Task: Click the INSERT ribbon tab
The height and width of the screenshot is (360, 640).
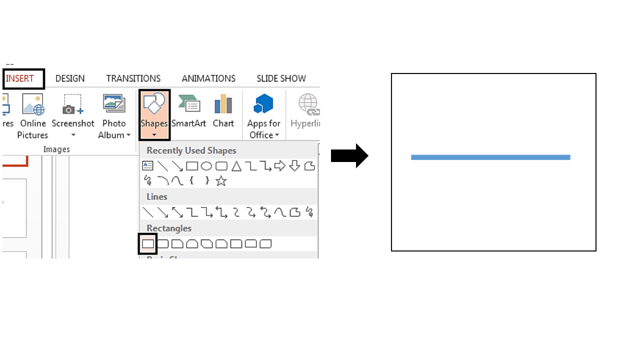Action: click(20, 78)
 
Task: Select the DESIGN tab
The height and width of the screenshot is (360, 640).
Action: click(70, 78)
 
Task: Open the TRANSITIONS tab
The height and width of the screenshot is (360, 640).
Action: click(133, 78)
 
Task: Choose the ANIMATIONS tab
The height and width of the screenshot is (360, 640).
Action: click(208, 78)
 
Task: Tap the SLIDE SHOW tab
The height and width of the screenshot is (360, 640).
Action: click(281, 78)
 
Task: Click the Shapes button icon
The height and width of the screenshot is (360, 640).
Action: click(154, 104)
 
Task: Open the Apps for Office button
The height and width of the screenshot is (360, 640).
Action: click(263, 115)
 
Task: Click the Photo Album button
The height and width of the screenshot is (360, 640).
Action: click(114, 115)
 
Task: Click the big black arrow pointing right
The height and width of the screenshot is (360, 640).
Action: click(349, 156)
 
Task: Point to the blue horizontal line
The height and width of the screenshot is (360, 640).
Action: click(490, 157)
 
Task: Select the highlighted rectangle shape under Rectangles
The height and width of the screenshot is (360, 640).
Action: click(148, 244)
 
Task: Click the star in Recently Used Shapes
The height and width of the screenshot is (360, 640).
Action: click(221, 181)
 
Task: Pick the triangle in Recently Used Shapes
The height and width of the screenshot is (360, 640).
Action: click(236, 166)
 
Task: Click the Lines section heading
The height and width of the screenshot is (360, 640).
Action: click(157, 196)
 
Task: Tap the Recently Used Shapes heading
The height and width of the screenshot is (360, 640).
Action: click(191, 150)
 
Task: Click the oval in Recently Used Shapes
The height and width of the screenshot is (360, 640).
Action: click(206, 166)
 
